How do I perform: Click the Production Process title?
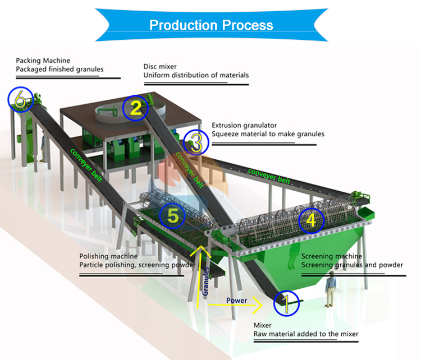click(x=210, y=25)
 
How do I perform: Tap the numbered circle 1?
click(x=285, y=303)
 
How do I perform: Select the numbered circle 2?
click(x=135, y=108)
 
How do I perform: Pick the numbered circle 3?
click(x=196, y=142)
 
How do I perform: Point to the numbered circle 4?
click(x=310, y=220)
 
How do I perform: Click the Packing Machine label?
click(x=43, y=60)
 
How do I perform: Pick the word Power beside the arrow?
click(x=236, y=301)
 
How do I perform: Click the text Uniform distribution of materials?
click(x=196, y=75)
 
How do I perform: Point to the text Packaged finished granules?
click(x=60, y=69)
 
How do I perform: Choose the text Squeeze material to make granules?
click(x=268, y=135)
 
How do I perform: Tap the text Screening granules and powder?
click(x=352, y=265)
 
